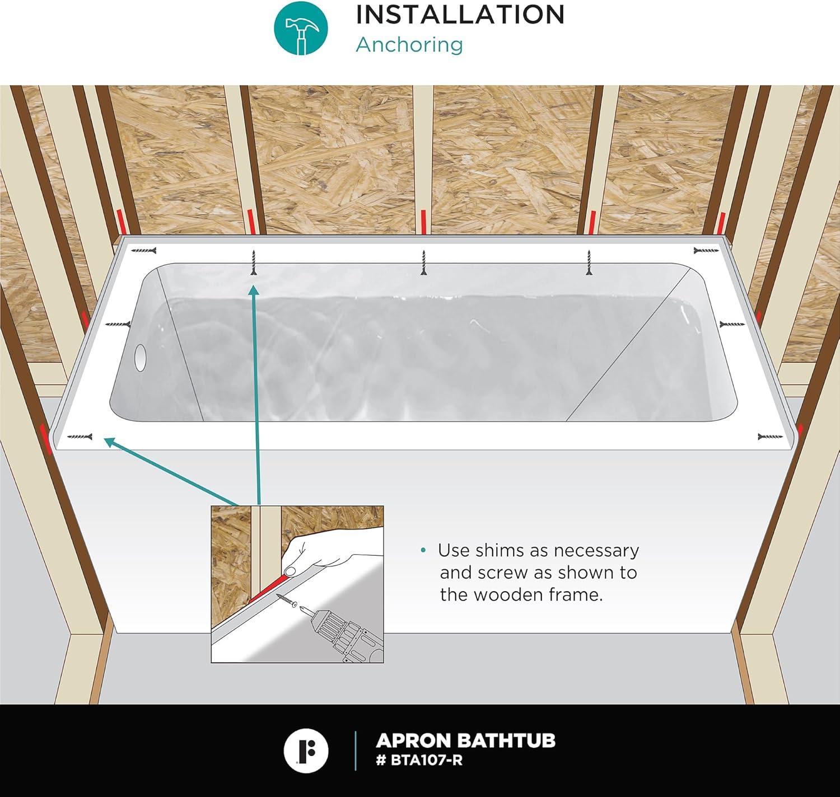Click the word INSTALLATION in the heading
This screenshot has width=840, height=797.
(460, 15)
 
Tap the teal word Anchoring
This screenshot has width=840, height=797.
(409, 44)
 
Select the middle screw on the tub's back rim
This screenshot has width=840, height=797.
(423, 262)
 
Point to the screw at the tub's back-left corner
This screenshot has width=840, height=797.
(144, 251)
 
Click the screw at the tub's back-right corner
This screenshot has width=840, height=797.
(706, 250)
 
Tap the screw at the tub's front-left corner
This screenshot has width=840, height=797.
(80, 437)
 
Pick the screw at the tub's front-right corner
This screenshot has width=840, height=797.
(771, 437)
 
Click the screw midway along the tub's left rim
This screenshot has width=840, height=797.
(118, 325)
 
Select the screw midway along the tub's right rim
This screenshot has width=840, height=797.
(732, 324)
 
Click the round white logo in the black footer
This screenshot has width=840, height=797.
(306, 751)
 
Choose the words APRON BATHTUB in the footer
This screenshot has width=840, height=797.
(465, 740)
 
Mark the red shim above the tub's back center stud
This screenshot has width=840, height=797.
(423, 222)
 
